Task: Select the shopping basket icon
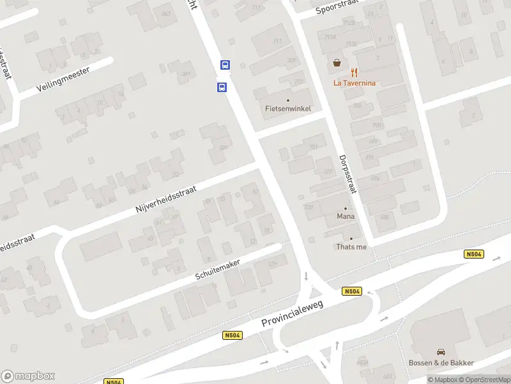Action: [x=336, y=63]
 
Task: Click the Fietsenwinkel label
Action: [x=288, y=108]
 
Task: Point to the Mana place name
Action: [x=346, y=216]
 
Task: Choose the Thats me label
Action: [x=351, y=247]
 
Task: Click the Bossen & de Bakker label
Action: [x=441, y=363]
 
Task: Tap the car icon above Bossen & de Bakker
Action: [x=441, y=351]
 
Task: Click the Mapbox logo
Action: [x=28, y=376]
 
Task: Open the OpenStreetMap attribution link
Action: [x=484, y=380]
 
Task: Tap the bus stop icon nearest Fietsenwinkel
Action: [x=222, y=87]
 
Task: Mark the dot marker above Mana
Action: [x=346, y=208]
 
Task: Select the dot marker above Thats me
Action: [x=351, y=239]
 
